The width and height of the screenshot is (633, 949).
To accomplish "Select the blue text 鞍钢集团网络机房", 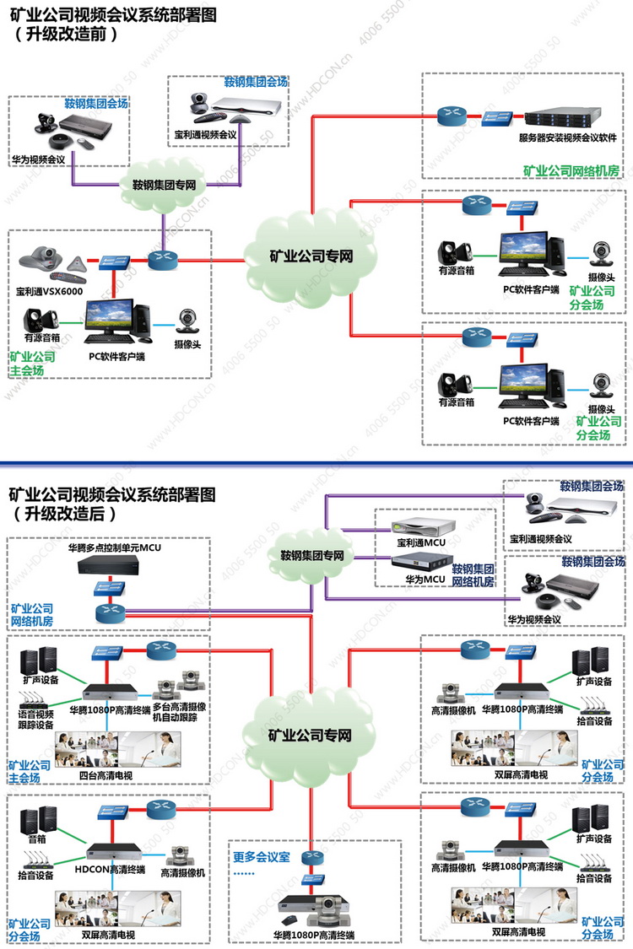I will click(473, 576).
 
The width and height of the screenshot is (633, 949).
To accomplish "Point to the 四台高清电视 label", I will click(105, 774).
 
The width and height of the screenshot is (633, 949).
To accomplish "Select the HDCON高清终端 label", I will click(110, 871).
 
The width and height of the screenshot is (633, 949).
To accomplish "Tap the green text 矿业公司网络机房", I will click(571, 170).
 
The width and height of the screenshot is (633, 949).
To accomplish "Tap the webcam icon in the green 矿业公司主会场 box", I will click(187, 321).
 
